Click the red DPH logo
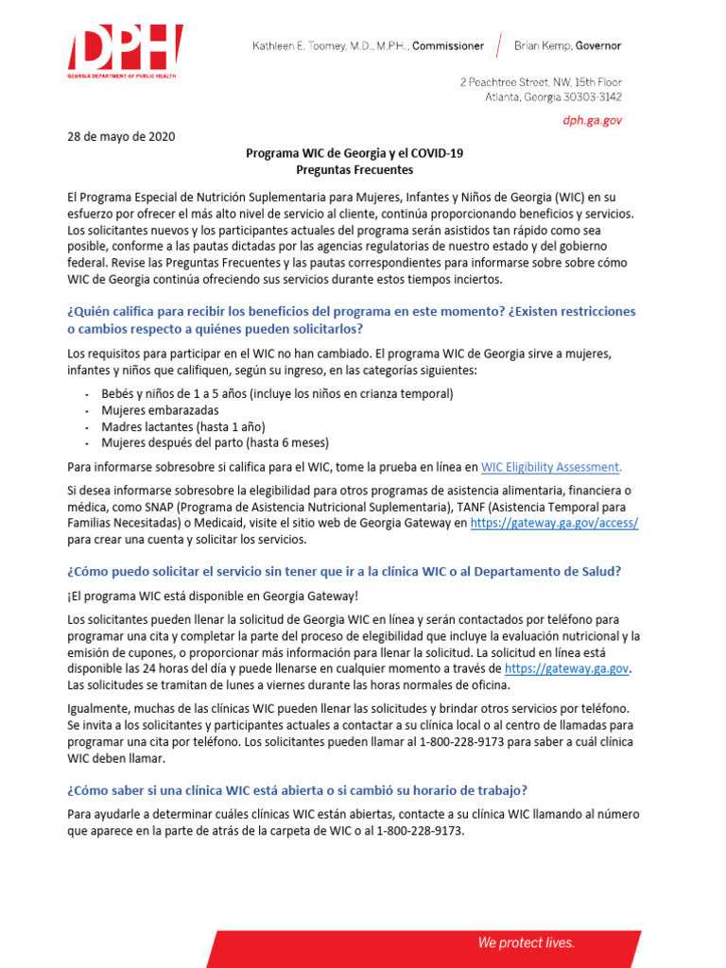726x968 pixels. click(x=124, y=53)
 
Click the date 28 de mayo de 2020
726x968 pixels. click(x=121, y=136)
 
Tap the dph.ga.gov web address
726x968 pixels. click(x=593, y=120)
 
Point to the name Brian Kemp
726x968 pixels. click(x=544, y=45)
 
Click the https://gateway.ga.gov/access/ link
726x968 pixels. click(x=554, y=523)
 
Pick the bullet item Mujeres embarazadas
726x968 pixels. click(x=160, y=410)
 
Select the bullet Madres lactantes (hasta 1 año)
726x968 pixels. click(x=182, y=426)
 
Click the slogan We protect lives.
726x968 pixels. click(x=526, y=942)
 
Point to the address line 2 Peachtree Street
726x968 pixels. click(x=540, y=81)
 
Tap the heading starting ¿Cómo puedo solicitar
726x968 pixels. click(x=344, y=571)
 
